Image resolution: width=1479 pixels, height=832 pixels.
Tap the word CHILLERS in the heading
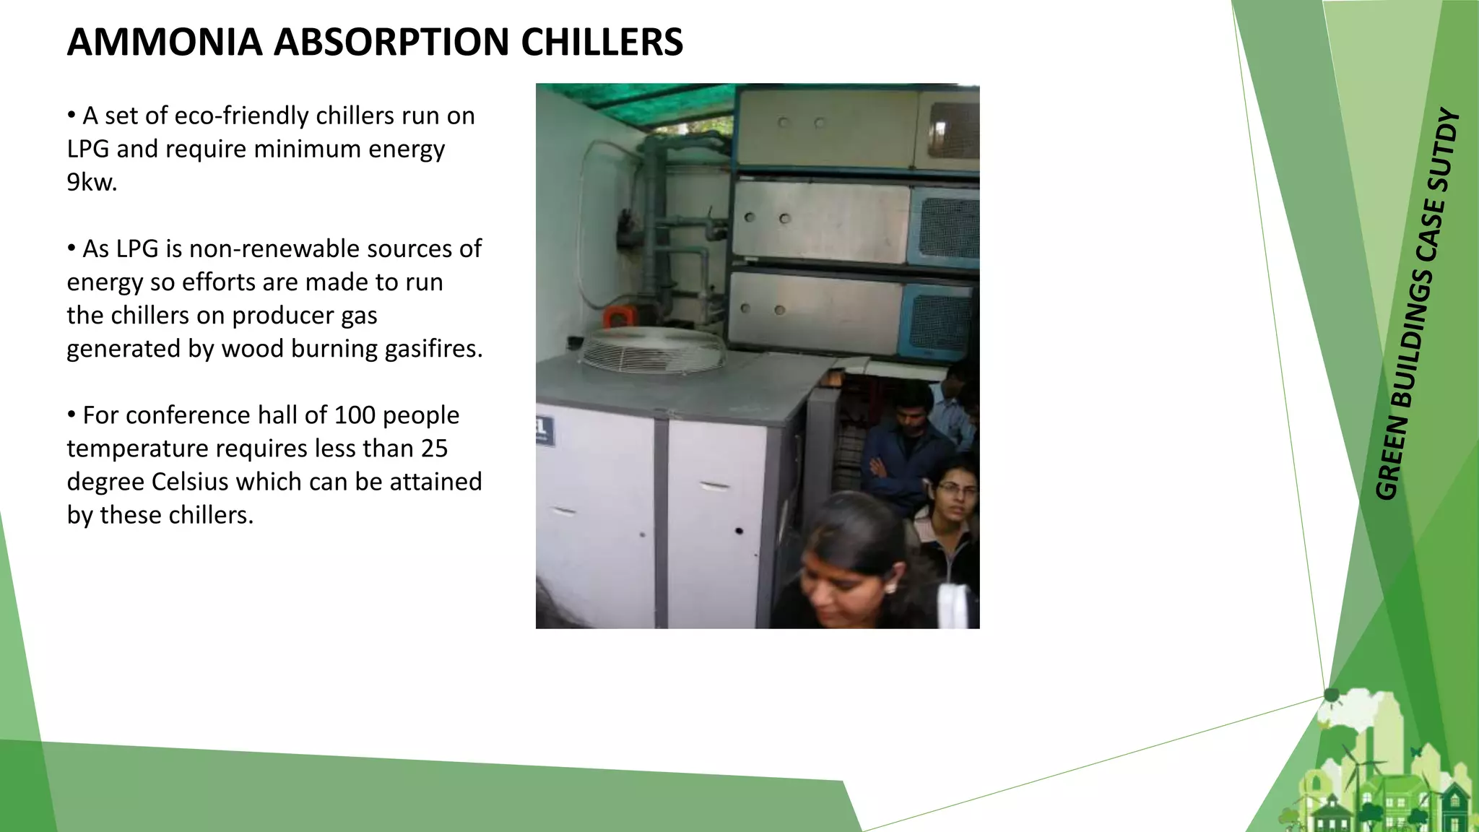(x=601, y=42)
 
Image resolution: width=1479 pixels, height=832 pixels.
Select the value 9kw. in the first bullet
(x=92, y=182)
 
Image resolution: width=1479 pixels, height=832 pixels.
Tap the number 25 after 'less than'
(x=434, y=448)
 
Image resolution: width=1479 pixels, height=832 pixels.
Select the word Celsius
(x=189, y=482)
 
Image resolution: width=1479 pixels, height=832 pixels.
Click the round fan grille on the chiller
(x=652, y=350)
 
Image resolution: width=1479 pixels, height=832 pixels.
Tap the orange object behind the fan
(x=619, y=316)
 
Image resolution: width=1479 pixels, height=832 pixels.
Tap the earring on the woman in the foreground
(x=890, y=589)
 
